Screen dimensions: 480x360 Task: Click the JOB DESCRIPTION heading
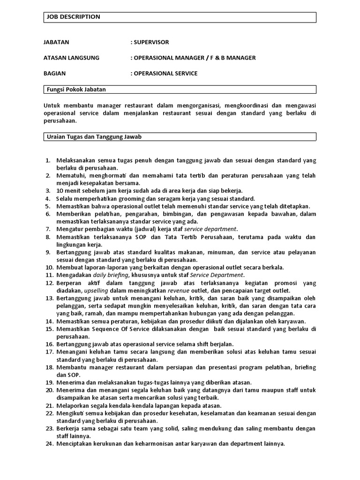73,17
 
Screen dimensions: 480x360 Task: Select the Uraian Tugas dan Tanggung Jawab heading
94,136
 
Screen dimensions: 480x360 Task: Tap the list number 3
48,191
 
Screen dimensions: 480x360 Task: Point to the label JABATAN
56,42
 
